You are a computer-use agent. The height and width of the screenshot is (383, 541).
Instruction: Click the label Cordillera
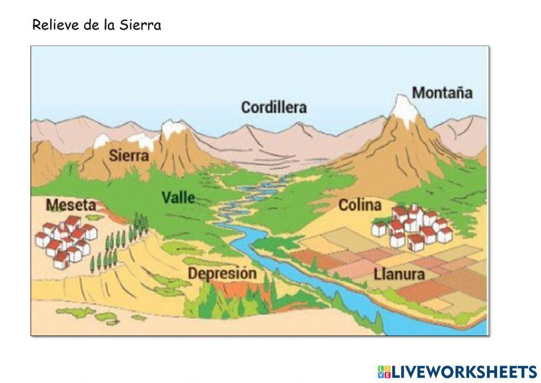tap(274, 107)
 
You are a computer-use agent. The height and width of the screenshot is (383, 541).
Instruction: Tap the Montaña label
tap(442, 93)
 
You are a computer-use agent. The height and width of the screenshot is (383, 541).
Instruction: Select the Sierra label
tap(129, 156)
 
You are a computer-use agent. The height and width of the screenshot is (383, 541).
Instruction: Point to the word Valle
tap(178, 198)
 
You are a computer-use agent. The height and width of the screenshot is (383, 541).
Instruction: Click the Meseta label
tap(71, 205)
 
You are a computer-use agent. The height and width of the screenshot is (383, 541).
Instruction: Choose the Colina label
tap(360, 205)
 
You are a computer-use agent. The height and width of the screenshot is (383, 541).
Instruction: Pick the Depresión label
tap(222, 273)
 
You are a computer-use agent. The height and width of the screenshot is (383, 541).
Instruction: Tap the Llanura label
tap(399, 274)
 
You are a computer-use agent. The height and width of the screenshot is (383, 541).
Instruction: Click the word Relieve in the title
tap(51, 25)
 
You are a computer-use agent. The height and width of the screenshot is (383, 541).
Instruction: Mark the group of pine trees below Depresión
tap(216, 301)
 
